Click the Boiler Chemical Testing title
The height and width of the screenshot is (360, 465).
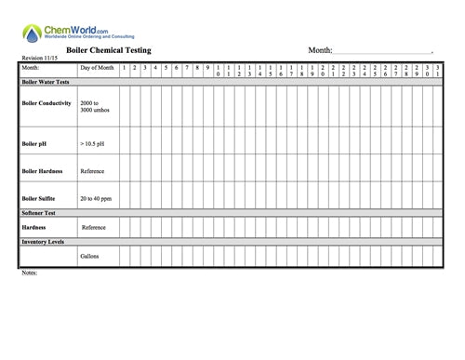click(108, 49)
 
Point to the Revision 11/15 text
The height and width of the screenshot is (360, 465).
click(39, 59)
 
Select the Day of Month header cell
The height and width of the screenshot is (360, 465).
click(97, 68)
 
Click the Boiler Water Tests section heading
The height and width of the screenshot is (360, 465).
click(47, 82)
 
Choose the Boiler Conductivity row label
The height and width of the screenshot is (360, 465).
click(46, 103)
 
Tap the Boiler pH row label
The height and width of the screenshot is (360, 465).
click(34, 144)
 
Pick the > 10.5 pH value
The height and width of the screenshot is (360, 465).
click(94, 144)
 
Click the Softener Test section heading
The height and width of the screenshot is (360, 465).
click(40, 213)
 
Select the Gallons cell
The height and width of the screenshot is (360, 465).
click(90, 256)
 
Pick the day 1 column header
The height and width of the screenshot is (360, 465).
click(124, 68)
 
